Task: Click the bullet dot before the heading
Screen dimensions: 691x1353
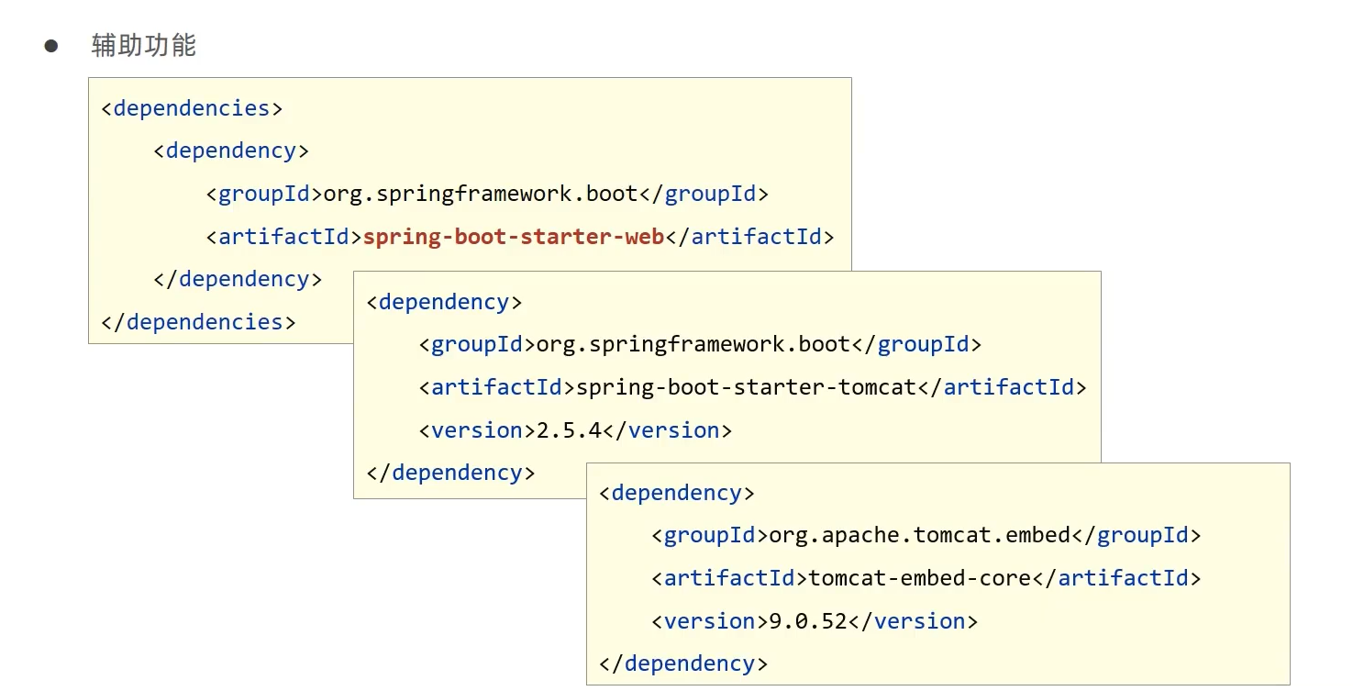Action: tap(51, 46)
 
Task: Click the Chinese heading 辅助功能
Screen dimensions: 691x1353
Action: tap(144, 46)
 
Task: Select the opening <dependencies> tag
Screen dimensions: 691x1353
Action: tap(192, 108)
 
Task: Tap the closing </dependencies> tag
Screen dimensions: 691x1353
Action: tap(198, 322)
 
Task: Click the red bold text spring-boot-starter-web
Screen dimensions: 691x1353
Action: tap(513, 237)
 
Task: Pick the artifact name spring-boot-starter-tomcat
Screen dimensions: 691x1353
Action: tap(746, 387)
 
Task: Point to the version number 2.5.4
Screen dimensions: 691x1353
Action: tap(569, 430)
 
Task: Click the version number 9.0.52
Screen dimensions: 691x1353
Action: tap(808, 621)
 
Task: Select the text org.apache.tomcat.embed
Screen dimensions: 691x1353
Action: tap(919, 535)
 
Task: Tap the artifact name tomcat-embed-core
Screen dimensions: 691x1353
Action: tap(920, 578)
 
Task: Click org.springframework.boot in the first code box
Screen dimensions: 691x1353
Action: tap(481, 194)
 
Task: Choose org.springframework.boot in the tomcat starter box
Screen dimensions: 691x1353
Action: tap(693, 344)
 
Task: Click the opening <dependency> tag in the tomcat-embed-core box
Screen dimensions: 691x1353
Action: tap(677, 493)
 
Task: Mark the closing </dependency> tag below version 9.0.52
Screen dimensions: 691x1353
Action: tap(683, 663)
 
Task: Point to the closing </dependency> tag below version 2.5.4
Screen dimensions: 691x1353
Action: tap(450, 473)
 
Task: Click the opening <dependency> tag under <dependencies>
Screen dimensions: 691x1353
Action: tap(231, 150)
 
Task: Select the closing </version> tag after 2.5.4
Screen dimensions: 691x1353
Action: tap(667, 430)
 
